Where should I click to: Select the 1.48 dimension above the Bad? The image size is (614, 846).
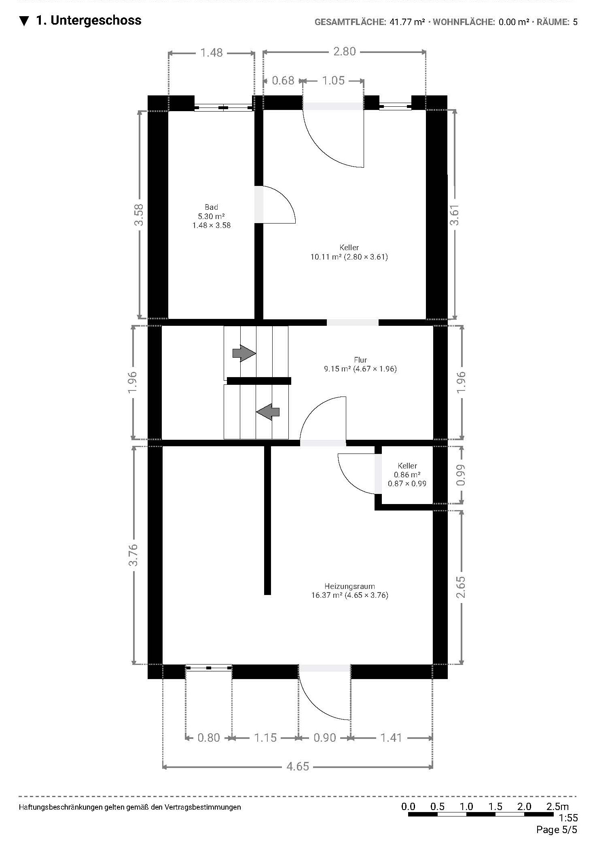[212, 53]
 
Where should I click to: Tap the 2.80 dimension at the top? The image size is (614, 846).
[344, 51]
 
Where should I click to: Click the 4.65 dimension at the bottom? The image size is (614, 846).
[298, 766]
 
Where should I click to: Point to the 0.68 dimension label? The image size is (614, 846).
[283, 80]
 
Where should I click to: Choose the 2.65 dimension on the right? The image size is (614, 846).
[461, 587]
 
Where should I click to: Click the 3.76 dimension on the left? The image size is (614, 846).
[133, 555]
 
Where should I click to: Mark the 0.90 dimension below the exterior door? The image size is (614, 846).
[325, 738]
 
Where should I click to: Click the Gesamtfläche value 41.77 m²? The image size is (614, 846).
[407, 22]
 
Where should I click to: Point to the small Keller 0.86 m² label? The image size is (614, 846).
[407, 475]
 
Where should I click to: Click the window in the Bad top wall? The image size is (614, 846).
[224, 108]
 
